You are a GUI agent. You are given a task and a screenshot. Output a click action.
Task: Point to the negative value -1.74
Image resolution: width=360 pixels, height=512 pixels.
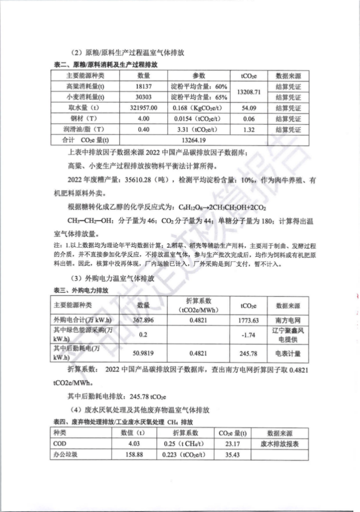coord(249,334)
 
